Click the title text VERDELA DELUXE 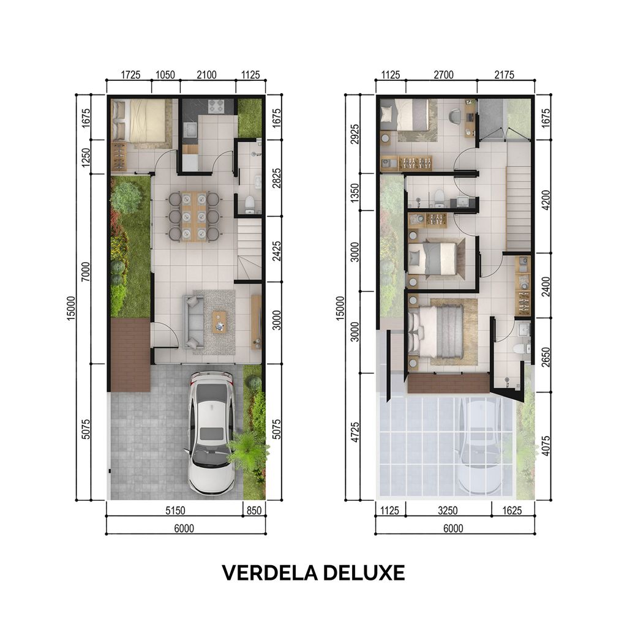pyautogui.click(x=313, y=572)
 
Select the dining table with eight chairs pyautogui.click(x=193, y=216)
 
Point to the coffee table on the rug pyautogui.click(x=219, y=321)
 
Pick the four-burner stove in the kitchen pyautogui.click(x=216, y=106)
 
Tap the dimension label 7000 pyautogui.click(x=85, y=269)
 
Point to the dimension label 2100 pyautogui.click(x=206, y=75)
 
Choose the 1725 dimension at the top pyautogui.click(x=130, y=75)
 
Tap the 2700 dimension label pyautogui.click(x=443, y=75)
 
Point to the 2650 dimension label pyautogui.click(x=545, y=356)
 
